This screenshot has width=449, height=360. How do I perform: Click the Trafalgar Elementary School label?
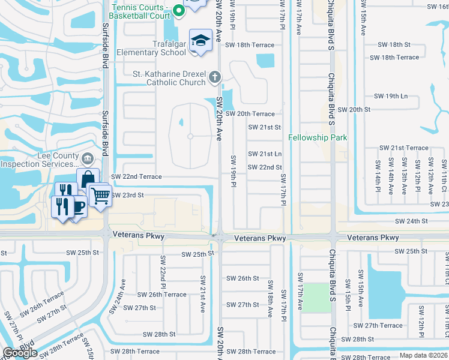152,47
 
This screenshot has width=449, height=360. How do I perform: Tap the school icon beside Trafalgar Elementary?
200,41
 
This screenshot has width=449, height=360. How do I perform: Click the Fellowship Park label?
318,137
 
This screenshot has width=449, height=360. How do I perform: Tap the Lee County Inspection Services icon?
88,158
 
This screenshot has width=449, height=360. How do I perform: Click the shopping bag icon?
88,178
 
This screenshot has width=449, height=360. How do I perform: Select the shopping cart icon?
100,194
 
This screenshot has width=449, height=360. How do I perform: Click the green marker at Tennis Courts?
178,10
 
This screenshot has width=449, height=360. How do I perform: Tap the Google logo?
20,352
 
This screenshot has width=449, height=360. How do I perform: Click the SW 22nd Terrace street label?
137,176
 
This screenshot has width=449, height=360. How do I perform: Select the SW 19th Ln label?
391,96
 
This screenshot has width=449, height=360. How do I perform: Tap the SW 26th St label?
243,278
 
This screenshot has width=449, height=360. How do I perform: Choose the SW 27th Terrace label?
378,325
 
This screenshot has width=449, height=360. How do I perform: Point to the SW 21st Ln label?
265,154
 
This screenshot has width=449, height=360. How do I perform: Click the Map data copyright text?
424,355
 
